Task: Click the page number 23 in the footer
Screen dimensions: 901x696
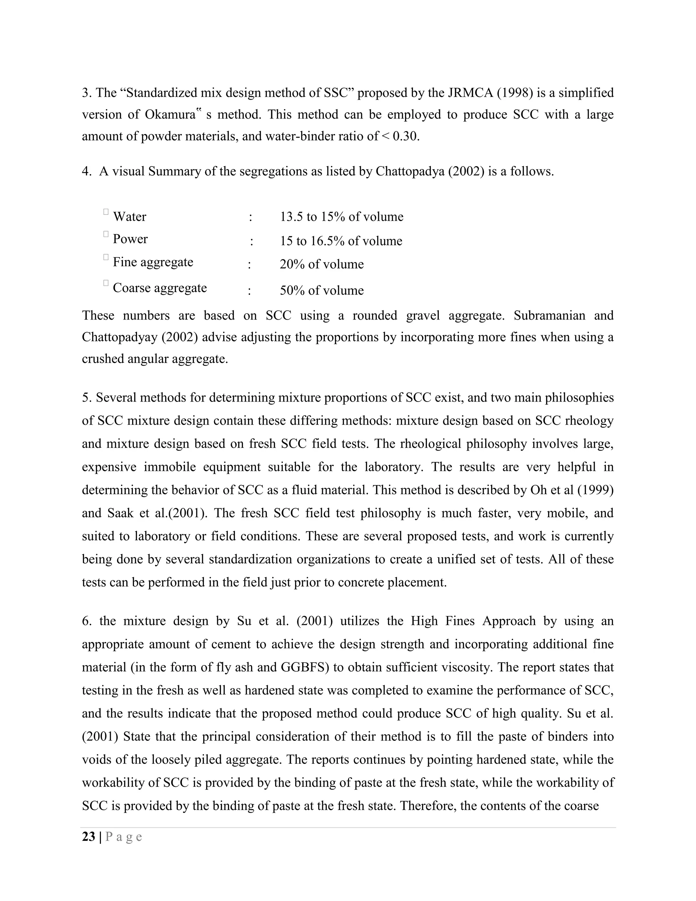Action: click(88, 837)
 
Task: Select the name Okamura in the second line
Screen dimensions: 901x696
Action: click(170, 114)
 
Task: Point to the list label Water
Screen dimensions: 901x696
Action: click(129, 217)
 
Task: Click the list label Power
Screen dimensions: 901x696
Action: click(130, 239)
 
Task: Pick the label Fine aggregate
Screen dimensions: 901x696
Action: click(153, 262)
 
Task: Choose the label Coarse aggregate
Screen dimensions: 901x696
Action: click(160, 288)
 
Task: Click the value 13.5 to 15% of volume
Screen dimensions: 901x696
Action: click(342, 217)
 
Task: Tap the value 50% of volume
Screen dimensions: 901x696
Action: click(321, 290)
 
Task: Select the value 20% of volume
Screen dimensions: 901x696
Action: click(321, 264)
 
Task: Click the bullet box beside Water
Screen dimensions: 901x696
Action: click(106, 211)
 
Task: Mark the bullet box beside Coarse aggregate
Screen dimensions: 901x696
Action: click(106, 283)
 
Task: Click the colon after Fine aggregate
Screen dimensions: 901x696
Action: click(249, 265)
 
